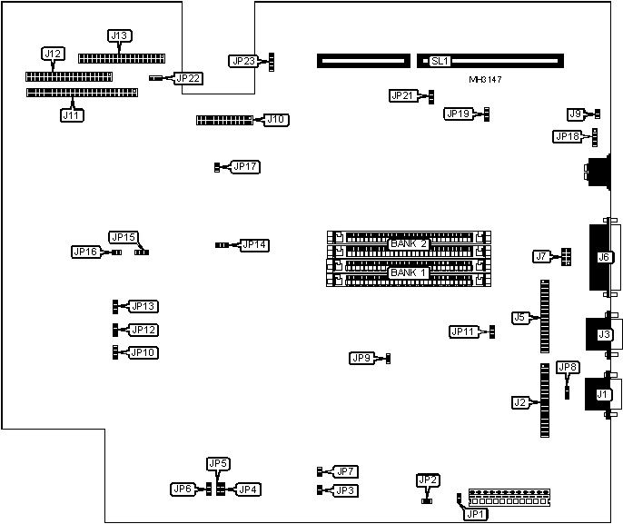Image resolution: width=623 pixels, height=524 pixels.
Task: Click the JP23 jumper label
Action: click(242, 61)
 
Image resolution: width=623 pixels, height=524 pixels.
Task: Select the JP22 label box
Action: click(188, 78)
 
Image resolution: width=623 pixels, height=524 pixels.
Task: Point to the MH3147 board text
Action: click(486, 81)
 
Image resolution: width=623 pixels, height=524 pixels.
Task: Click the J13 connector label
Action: click(119, 36)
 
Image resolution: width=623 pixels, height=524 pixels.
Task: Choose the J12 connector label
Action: click(54, 54)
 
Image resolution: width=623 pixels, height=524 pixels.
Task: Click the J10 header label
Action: click(275, 119)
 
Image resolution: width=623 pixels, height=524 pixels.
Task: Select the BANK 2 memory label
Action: click(409, 244)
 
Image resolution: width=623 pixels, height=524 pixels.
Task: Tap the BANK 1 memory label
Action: click(409, 272)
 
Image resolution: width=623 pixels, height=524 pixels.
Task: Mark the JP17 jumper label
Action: click(245, 166)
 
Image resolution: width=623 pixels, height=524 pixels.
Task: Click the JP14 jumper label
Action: click(254, 244)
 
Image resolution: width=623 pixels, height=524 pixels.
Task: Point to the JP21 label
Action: click(402, 95)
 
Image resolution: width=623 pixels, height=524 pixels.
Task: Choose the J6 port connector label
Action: click(604, 257)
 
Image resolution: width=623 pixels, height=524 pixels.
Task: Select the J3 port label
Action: click(604, 335)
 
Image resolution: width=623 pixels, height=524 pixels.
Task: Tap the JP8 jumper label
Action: click(568, 367)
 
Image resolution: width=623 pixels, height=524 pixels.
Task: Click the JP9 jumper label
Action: click(361, 358)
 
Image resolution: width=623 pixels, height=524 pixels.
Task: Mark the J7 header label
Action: click(542, 256)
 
